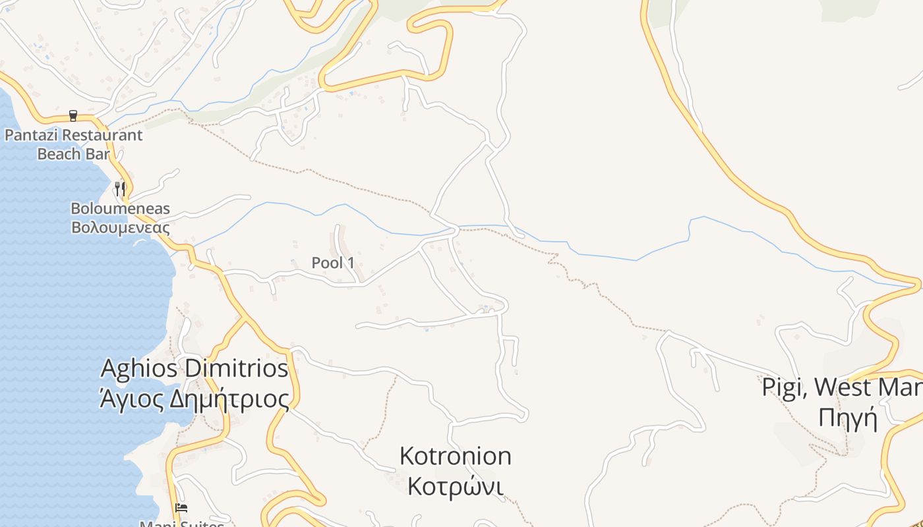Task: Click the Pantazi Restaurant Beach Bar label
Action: tap(73, 144)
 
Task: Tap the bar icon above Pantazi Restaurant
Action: tap(73, 116)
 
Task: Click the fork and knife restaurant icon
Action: tap(120, 189)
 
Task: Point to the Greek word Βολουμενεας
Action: tap(121, 228)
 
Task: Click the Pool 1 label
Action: tap(333, 263)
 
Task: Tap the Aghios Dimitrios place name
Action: tap(194, 368)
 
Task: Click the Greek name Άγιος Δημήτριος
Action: tap(194, 399)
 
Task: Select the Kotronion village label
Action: tap(456, 456)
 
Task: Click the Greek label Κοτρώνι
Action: tap(456, 487)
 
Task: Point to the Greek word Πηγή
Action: tap(849, 418)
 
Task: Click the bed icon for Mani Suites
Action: tap(181, 508)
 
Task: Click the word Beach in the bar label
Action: tap(59, 154)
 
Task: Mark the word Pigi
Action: tap(784, 387)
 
